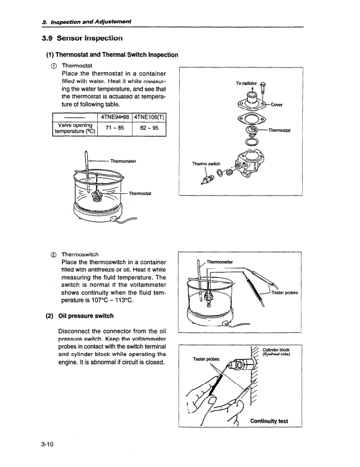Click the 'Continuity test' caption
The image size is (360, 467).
click(269, 421)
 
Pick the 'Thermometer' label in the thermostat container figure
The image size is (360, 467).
click(124, 160)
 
